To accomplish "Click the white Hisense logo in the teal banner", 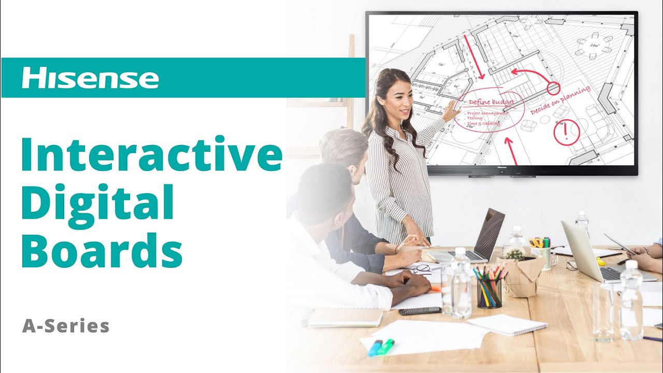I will point(90,78).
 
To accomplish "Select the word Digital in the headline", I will point(97,203).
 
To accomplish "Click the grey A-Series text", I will point(66,326).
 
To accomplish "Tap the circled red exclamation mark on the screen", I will point(566,133).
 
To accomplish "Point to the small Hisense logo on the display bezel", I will point(501,168).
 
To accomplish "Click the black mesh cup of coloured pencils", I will point(489,292).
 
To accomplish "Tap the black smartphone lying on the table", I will point(420,311).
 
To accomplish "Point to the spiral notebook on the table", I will point(507,324).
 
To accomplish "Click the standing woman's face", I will point(399,99).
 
